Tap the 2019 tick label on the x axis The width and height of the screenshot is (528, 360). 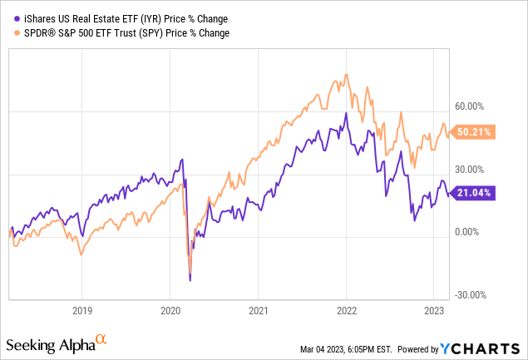[x=81, y=307]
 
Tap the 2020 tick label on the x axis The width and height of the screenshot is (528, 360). [x=170, y=307]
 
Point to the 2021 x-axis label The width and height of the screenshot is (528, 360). [x=258, y=307]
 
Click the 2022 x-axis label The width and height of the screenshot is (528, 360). [x=346, y=307]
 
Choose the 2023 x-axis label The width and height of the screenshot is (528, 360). [x=433, y=307]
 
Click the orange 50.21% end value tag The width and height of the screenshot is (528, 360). [x=473, y=131]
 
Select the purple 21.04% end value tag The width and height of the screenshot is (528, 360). [x=473, y=193]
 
